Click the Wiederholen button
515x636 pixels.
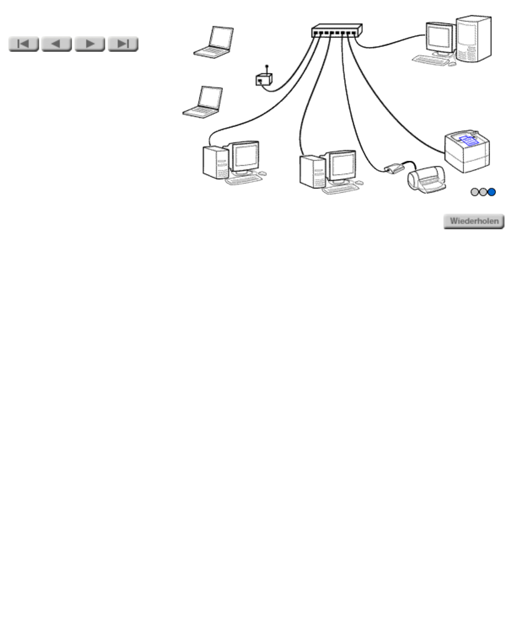(x=474, y=221)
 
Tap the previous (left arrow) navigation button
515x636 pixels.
(x=56, y=44)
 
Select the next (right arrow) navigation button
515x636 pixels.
(x=90, y=44)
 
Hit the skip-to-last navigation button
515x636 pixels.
(x=123, y=44)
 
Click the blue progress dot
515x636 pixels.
(x=491, y=192)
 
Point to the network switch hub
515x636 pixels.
(x=337, y=30)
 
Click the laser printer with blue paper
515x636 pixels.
(x=467, y=152)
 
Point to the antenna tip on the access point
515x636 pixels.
(x=267, y=66)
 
